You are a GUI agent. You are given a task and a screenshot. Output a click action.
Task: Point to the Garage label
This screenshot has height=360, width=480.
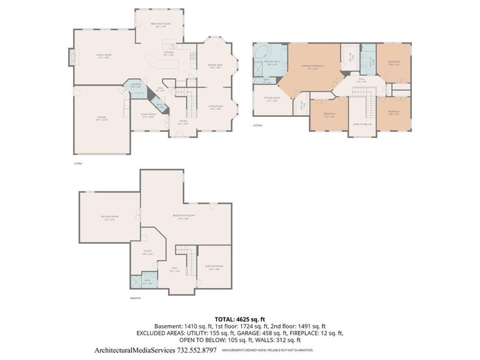[x=101, y=119]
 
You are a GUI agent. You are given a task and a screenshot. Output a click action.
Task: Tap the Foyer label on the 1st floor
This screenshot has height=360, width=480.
[x=183, y=122]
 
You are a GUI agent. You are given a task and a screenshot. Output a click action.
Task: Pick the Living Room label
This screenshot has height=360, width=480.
[x=216, y=107]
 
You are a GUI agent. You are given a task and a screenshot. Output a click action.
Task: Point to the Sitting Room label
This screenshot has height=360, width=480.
[x=272, y=99]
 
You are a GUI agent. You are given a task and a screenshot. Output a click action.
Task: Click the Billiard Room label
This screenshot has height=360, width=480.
[x=111, y=218]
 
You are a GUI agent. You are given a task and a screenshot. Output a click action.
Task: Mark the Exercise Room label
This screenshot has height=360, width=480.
[x=214, y=267]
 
